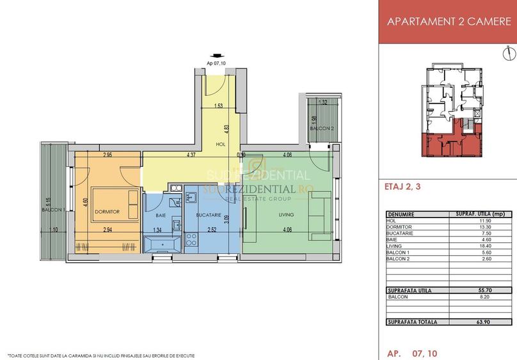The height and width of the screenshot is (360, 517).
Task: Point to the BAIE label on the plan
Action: point(160,215)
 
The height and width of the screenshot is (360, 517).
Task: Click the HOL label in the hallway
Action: point(221,145)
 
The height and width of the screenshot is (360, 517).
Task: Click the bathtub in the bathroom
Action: point(163,244)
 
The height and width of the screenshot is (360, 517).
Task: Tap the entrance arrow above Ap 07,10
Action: point(218,56)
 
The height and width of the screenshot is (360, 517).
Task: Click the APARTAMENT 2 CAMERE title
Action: point(447,21)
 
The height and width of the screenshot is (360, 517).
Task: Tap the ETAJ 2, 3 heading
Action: point(405,188)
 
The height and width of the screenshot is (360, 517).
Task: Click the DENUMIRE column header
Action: point(401,214)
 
